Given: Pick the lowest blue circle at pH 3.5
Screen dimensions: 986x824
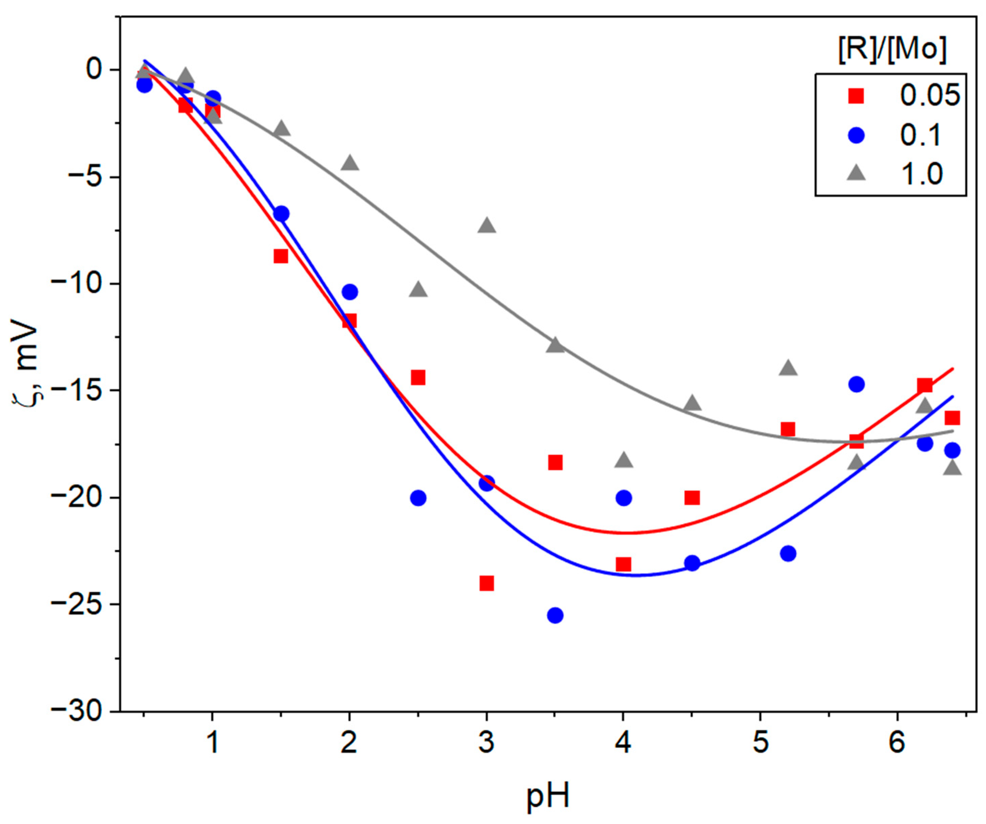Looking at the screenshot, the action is pos(555,615).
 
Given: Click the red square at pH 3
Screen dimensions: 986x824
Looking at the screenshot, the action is pos(487,583).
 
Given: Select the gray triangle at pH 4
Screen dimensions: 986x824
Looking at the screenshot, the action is pos(624,460).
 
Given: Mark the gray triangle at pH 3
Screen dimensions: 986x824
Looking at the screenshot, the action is pos(487,225).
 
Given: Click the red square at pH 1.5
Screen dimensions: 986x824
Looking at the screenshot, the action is pos(281,256).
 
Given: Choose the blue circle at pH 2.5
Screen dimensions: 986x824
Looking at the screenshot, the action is pos(418,498).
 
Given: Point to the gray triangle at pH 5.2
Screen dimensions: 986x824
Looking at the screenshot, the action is pos(788,368).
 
